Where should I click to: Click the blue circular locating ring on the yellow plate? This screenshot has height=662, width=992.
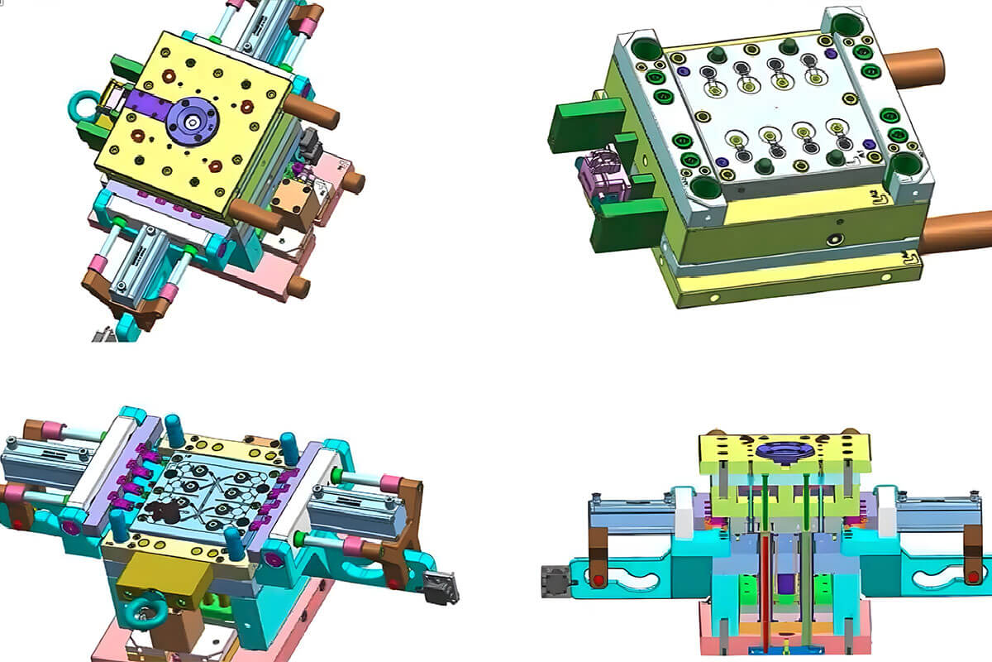[x=192, y=121]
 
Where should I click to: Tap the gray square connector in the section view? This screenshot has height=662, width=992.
[x=556, y=582]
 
